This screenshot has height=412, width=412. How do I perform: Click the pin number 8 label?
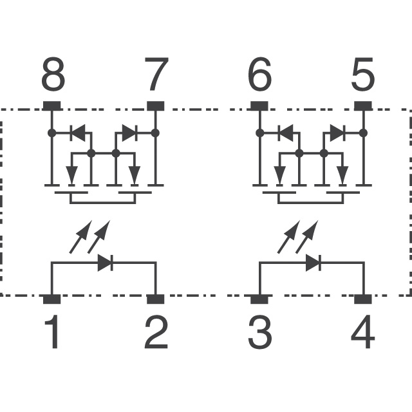53,74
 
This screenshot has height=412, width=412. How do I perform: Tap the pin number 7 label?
156,74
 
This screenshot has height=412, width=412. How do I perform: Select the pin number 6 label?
259,74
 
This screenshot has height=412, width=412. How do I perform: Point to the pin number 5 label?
363,74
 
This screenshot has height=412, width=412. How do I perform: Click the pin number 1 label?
52,332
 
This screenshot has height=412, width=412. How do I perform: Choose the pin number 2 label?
156,332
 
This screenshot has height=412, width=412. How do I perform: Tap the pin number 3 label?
259,332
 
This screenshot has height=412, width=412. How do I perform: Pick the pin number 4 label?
362,332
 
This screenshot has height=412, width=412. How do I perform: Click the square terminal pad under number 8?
51,106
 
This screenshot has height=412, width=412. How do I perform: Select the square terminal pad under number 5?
363,106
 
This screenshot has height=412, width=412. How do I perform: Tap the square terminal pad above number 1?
51,299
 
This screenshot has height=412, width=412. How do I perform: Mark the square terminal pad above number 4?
363,299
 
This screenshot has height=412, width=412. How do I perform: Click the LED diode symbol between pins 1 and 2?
106,262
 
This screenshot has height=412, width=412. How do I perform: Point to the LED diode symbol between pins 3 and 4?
314,262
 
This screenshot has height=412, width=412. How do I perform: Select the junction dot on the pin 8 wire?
51,133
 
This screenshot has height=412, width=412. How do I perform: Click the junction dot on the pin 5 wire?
363,133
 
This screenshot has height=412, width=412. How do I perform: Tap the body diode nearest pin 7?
130,133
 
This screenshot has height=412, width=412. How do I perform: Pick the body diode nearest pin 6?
285,133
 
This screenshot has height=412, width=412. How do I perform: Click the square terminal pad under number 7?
156,106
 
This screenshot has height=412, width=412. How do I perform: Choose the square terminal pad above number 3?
259,299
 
